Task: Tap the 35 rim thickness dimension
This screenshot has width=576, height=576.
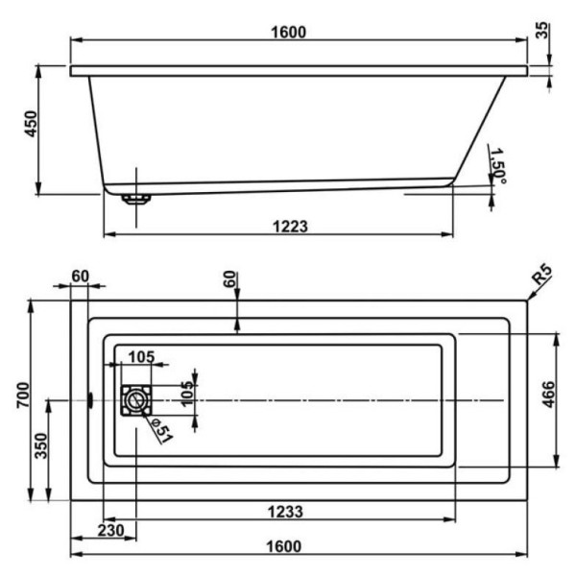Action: pyautogui.click(x=544, y=29)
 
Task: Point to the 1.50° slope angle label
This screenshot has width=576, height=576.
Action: pyautogui.click(x=497, y=166)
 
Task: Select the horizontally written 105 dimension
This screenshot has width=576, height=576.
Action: pyautogui.click(x=141, y=357)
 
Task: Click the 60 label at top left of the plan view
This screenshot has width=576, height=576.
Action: pyautogui.click(x=80, y=276)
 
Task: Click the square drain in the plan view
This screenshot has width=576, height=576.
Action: pyautogui.click(x=135, y=399)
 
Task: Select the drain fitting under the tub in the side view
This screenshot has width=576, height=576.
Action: pyautogui.click(x=135, y=199)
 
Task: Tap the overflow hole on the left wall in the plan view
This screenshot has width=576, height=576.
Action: pyautogui.click(x=89, y=399)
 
